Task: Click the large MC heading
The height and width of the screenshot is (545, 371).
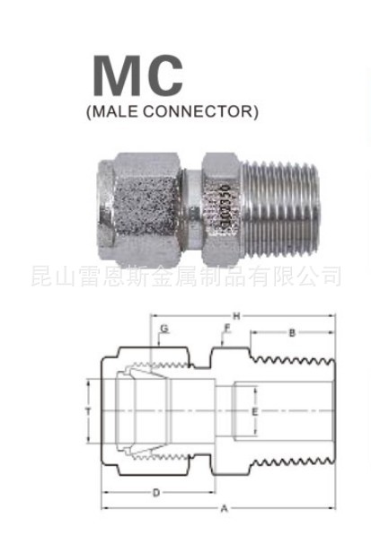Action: pos(137,77)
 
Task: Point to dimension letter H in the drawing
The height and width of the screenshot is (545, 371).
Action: pos(236,316)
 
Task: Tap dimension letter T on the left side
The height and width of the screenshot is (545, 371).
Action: pos(88,410)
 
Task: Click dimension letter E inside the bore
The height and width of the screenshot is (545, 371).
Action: pos(256,411)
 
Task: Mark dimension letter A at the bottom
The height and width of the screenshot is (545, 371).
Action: pos(225,509)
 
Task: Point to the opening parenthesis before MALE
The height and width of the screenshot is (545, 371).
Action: pos(86,114)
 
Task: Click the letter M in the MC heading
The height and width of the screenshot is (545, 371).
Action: pos(116,77)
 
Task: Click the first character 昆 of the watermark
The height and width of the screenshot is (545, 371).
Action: pos(40,274)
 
